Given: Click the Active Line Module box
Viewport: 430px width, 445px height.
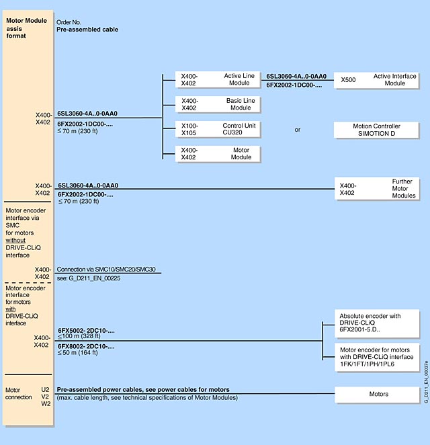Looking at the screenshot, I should click(218, 80).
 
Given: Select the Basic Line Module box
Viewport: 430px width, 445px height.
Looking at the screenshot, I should click(218, 104).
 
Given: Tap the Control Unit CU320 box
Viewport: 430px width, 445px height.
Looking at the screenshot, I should click(218, 129).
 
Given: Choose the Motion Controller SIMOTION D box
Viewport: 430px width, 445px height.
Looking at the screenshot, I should click(376, 130).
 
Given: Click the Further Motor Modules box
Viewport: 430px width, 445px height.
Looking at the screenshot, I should click(376, 188).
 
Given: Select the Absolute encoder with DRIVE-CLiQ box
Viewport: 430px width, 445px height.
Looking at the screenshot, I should click(376, 323).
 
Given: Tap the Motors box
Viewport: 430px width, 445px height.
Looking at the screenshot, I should click(376, 394).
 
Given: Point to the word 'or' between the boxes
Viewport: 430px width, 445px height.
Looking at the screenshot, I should click(298, 130).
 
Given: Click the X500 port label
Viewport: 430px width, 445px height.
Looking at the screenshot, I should click(349, 80).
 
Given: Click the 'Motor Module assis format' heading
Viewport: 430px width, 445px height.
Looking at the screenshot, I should click(26, 28).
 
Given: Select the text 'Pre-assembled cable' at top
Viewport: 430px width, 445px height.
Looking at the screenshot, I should click(86, 30).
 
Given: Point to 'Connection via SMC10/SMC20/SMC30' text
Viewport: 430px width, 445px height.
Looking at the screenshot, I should click(108, 269).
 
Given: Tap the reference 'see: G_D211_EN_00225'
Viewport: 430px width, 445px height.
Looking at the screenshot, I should click(88, 277).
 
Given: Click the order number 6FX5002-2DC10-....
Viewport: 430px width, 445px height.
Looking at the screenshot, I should click(86, 331).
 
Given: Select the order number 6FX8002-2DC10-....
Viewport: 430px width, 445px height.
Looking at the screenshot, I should click(86, 346).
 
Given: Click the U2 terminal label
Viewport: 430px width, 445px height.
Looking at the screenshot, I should click(46, 389).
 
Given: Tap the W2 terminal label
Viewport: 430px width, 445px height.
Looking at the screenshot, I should click(46, 403).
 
